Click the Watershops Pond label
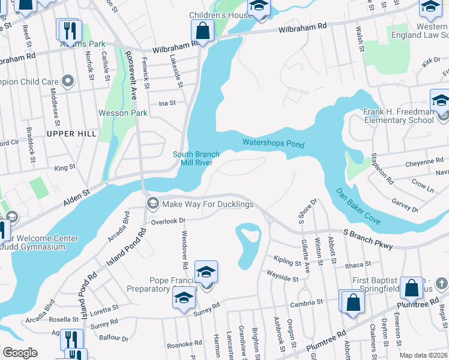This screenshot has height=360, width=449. [273, 143]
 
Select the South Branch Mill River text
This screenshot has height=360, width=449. [196, 158]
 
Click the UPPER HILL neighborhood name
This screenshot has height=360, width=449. [71, 134]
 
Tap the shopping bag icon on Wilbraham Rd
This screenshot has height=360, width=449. [203, 30]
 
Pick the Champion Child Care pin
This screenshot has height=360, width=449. [68, 81]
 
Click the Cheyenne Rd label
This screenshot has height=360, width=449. [423, 161]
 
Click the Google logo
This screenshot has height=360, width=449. [20, 353]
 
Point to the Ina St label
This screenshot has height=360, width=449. [167, 103]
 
